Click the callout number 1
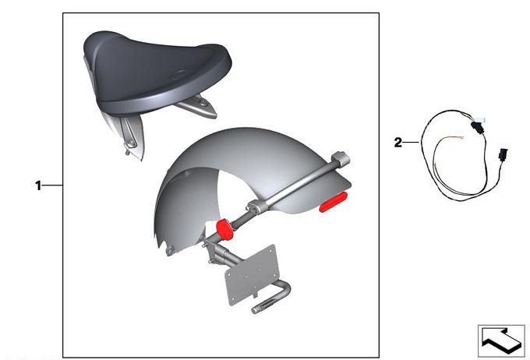(x=38, y=185)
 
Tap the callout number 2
(x=398, y=143)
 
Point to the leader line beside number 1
(x=52, y=185)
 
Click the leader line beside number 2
(x=412, y=143)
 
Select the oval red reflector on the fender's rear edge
(x=334, y=202)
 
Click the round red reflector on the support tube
(x=224, y=230)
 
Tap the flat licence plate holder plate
(x=252, y=275)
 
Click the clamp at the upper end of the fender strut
(x=341, y=159)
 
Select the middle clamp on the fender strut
(x=258, y=206)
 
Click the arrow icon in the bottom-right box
(x=501, y=341)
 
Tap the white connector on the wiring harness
(x=479, y=119)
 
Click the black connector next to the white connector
(x=478, y=129)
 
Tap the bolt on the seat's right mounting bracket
(x=203, y=102)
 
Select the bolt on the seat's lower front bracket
(x=130, y=144)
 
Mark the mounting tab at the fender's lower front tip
(x=169, y=251)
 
